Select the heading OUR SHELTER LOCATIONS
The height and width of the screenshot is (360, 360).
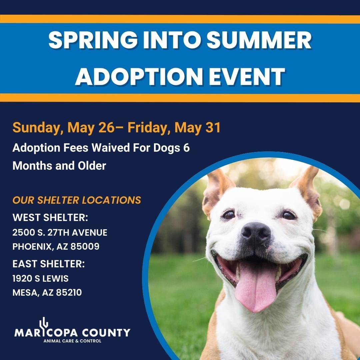coord(77,200)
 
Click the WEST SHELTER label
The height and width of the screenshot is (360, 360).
coord(50,218)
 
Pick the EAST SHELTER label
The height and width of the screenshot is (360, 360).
coord(49,264)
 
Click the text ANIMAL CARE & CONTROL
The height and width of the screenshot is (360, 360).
coord(72,341)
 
